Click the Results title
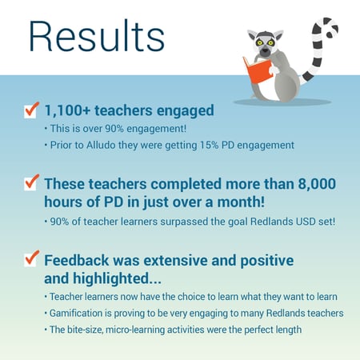97,36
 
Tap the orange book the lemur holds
258,70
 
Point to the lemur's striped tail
320,49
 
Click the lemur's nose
265,51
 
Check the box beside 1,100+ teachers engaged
31,110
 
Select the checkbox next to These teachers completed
31,183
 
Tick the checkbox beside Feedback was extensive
31,258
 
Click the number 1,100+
67,110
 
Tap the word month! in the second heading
241,202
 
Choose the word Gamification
76,313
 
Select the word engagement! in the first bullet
156,129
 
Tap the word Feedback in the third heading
77,260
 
